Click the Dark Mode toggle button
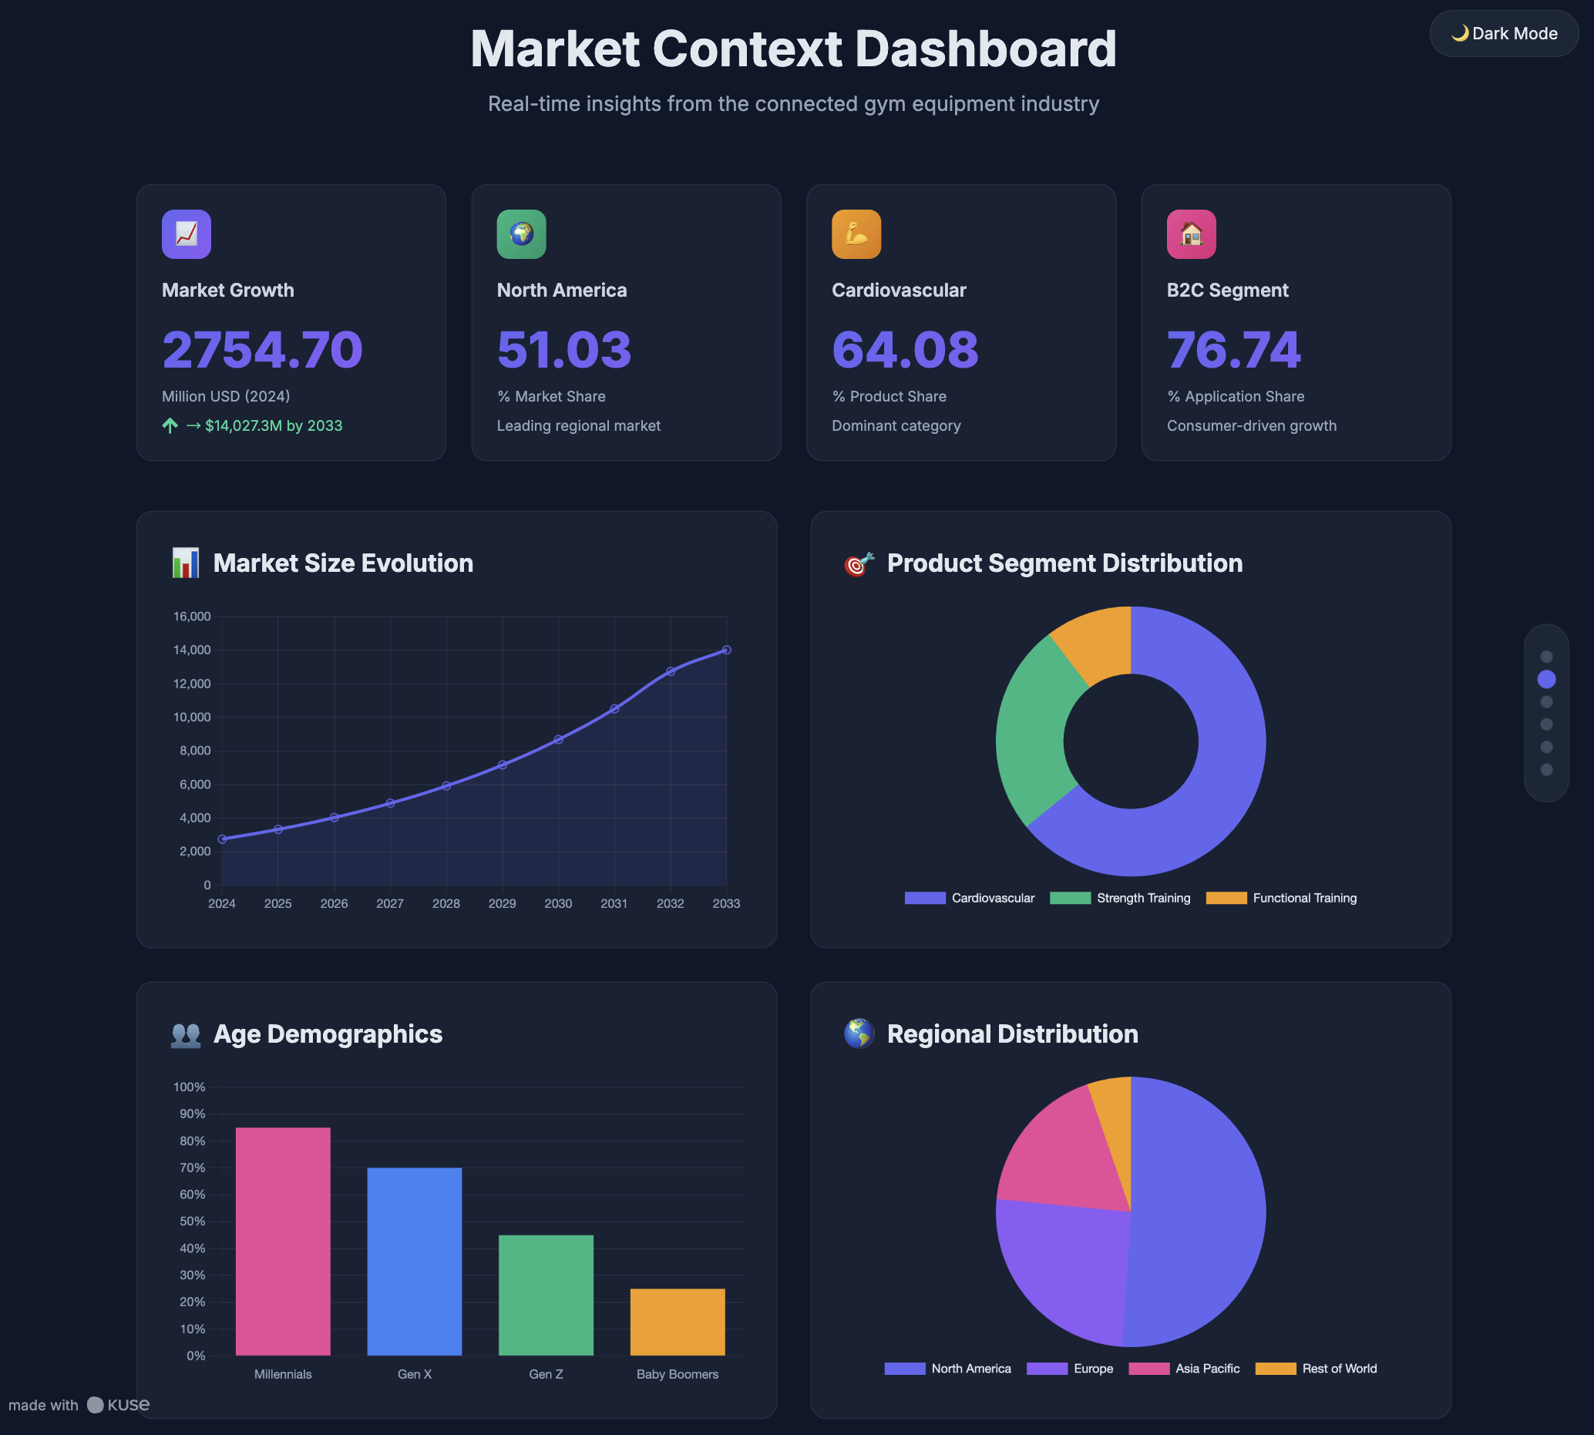1503,33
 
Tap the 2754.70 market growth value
262,349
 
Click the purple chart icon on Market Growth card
186,234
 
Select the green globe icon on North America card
521,234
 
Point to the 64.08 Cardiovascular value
905,349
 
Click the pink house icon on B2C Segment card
1191,234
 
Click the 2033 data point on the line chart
726,650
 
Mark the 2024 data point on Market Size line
223,839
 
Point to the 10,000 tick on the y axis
192,717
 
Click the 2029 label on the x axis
503,903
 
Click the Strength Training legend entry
1120,898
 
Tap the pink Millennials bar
282,1242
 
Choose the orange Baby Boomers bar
678,1322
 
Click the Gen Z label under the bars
546,1374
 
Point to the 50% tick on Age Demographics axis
192,1222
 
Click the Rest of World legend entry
1316,1369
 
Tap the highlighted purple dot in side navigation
1546,679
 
